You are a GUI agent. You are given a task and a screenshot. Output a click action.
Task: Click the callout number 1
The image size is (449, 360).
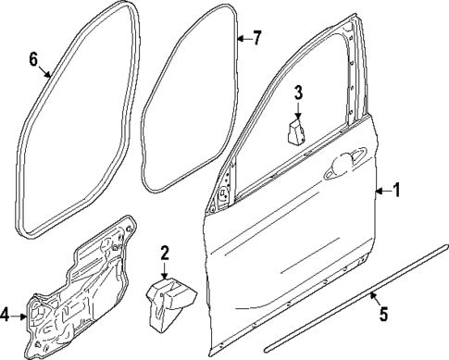(397, 192)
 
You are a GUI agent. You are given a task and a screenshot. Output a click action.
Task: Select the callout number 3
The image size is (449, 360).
(299, 92)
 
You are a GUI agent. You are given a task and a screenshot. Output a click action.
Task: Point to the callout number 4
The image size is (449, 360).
(6, 316)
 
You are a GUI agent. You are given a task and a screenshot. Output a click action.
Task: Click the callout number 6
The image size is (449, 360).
(33, 60)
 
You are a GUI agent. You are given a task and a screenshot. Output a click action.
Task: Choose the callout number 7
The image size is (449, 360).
(257, 38)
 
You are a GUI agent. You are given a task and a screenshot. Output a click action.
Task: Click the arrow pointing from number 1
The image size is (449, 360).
(381, 192)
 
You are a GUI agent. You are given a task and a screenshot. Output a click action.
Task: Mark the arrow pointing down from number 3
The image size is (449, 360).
(299, 108)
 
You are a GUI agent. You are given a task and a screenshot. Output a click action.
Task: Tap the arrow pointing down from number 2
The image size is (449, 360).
(164, 270)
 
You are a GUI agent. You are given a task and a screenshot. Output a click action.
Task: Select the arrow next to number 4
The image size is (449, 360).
(22, 316)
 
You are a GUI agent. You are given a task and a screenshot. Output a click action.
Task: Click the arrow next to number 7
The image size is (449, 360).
(243, 39)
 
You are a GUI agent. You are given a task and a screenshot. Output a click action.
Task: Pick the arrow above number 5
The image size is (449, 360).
(373, 297)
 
